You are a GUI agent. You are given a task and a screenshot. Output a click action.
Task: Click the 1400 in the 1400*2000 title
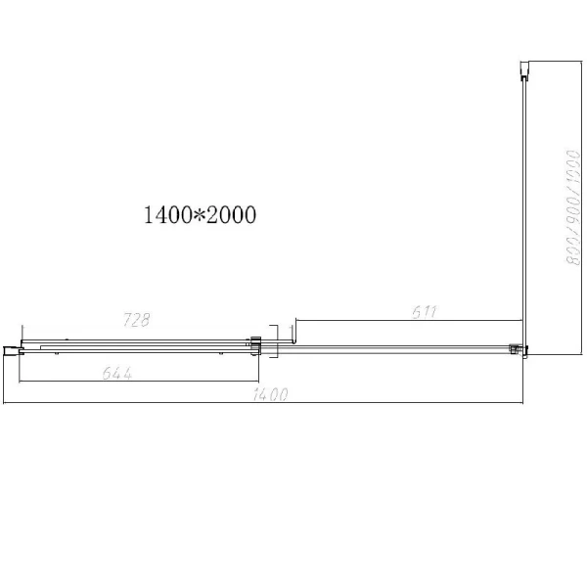[165, 214]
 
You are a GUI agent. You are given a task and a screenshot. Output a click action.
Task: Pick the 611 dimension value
[424, 312]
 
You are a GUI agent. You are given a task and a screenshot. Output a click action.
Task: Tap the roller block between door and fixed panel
[256, 344]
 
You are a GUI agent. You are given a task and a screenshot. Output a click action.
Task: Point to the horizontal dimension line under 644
[137, 382]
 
